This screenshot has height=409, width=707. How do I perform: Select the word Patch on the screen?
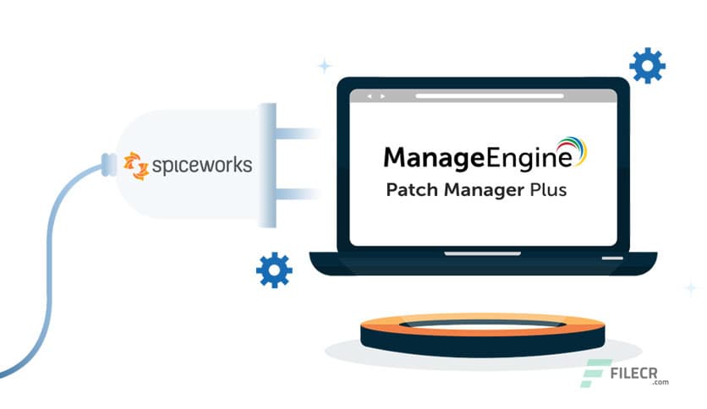click(410, 190)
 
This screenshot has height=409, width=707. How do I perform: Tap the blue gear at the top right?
click(647, 65)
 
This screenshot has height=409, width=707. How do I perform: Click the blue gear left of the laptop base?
click(274, 270)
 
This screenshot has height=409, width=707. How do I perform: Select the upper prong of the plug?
click(296, 133)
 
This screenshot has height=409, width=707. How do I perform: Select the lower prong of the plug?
click(296, 194)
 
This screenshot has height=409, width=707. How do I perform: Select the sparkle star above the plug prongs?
click(324, 66)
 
